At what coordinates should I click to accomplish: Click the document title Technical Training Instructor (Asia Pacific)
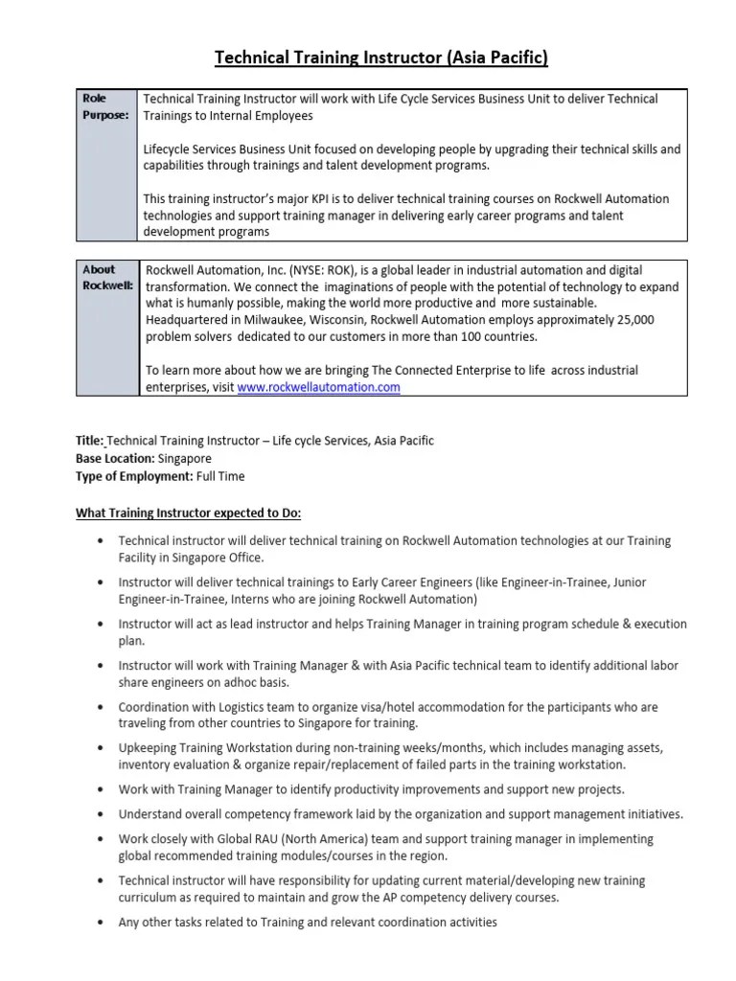(x=380, y=58)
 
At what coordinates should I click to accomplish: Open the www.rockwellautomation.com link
(x=318, y=387)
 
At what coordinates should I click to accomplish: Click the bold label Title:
(x=90, y=441)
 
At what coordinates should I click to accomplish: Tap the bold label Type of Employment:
(x=134, y=475)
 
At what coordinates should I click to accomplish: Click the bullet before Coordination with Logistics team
(x=102, y=707)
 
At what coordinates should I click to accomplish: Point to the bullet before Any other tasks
(x=102, y=923)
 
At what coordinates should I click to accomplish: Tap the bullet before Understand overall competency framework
(x=102, y=814)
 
